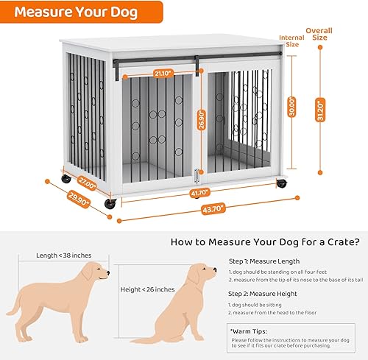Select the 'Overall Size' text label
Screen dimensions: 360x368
pyautogui.click(x=320, y=35)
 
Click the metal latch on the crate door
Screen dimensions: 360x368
pyautogui.click(x=197, y=177)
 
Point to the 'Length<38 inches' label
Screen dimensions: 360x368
pyautogui.click(x=64, y=255)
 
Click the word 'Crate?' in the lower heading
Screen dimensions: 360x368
pyautogui.click(x=340, y=240)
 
